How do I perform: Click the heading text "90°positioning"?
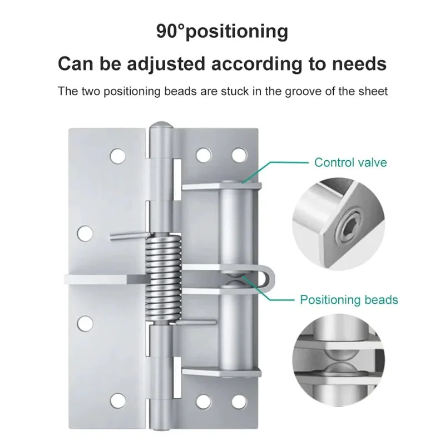pyautogui.click(x=222, y=31)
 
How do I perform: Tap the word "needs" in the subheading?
pyautogui.click(x=358, y=63)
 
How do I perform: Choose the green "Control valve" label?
pyautogui.click(x=350, y=162)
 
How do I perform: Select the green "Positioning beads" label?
pyautogui.click(x=349, y=300)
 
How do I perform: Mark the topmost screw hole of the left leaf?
pyautogui.click(x=117, y=156)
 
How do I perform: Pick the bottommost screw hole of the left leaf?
pyautogui.click(x=118, y=400)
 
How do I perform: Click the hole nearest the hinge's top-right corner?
pyautogui.click(x=239, y=154)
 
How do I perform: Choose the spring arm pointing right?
pyautogui.click(x=197, y=322)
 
